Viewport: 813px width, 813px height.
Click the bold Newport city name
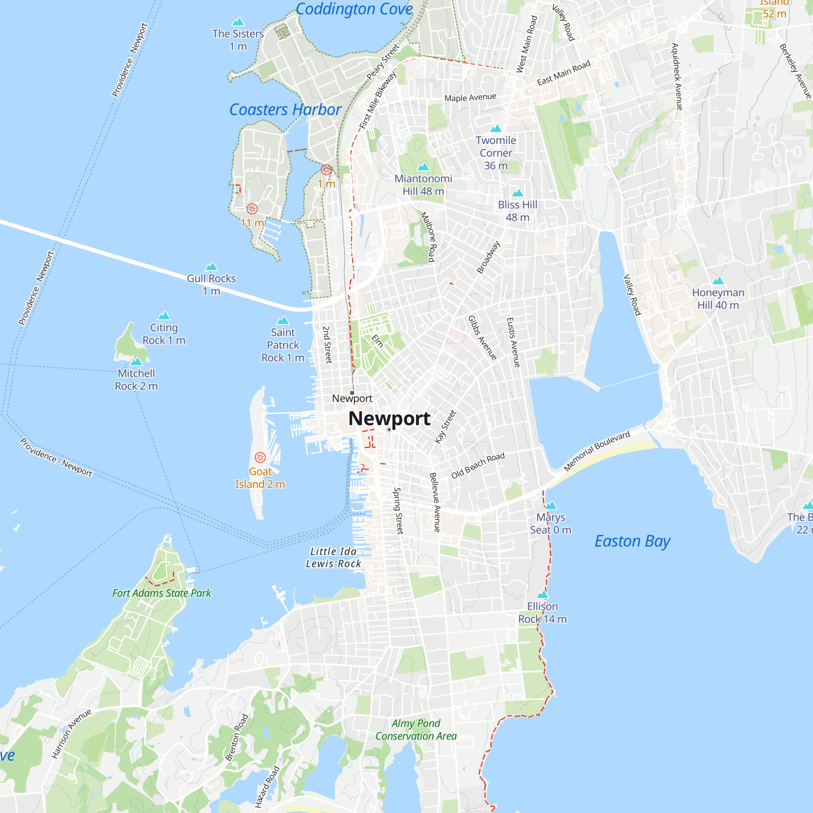[389, 418]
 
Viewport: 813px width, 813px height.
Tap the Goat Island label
[260, 478]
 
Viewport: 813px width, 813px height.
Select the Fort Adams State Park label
[162, 593]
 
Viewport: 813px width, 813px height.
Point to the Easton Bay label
[632, 541]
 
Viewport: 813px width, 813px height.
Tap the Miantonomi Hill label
[423, 185]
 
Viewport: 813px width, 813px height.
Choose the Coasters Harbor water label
[285, 110]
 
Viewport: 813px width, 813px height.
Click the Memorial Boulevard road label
[597, 451]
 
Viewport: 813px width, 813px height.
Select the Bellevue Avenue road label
[435, 502]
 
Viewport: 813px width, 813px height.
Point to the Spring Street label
[398, 511]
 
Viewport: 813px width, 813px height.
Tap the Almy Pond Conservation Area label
[416, 730]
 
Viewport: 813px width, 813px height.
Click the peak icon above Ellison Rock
[542, 595]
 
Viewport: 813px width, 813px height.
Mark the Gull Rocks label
[211, 285]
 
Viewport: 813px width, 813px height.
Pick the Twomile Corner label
[496, 153]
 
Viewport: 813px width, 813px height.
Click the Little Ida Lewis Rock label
[333, 558]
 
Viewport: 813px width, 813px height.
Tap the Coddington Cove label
[354, 9]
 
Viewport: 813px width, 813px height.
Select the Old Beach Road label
[478, 466]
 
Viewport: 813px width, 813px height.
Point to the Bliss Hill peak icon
[517, 193]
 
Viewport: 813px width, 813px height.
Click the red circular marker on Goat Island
[260, 457]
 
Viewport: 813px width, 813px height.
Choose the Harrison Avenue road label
[71, 734]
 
